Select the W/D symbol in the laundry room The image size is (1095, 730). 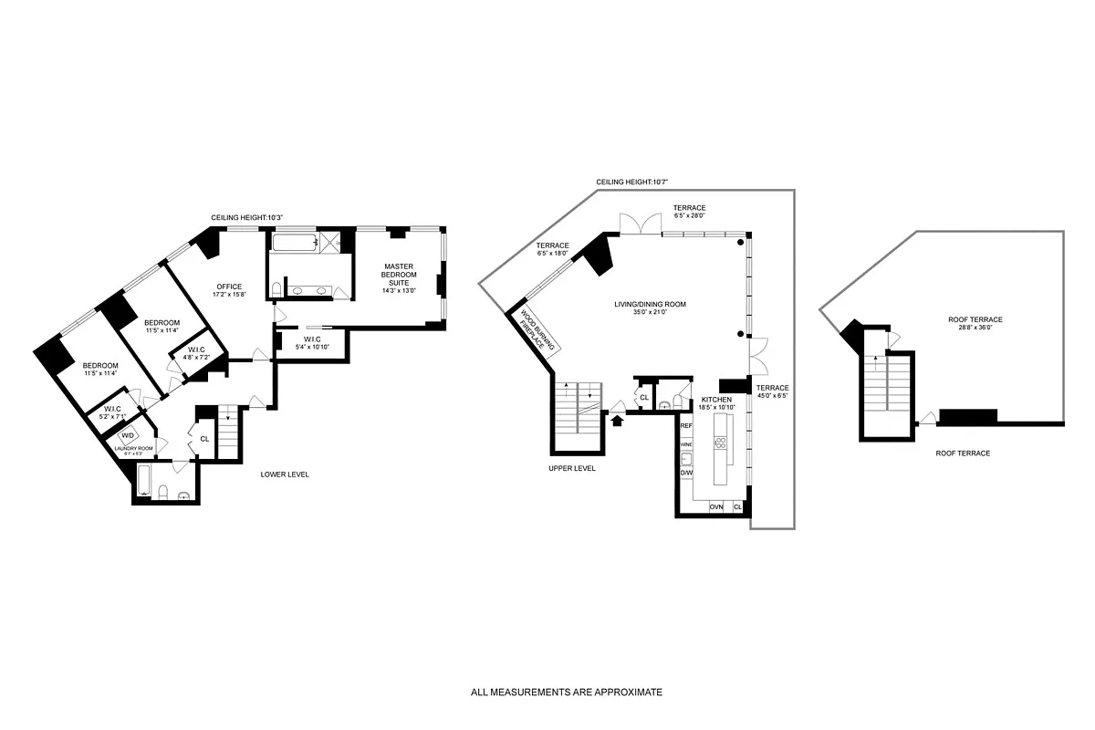(129, 435)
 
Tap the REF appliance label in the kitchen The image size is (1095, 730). (686, 425)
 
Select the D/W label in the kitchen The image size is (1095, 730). (686, 473)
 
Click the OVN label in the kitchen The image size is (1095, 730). (716, 506)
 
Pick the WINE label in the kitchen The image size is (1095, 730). (686, 444)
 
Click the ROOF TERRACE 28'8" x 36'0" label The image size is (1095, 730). (975, 324)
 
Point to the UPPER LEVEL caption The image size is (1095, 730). (572, 468)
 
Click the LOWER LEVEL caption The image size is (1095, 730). (284, 474)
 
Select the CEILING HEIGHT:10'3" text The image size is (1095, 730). (247, 217)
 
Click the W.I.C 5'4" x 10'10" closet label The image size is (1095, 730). (311, 342)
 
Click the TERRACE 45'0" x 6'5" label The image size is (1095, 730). (772, 392)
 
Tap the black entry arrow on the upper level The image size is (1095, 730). (618, 421)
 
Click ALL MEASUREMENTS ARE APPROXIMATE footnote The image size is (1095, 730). (566, 693)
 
